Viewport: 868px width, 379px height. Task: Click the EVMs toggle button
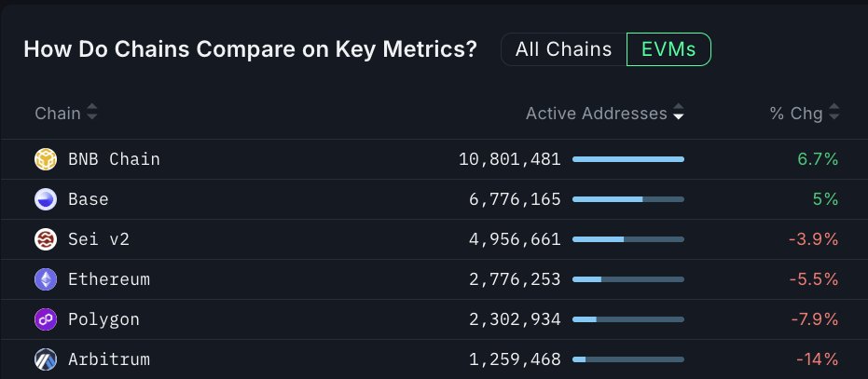coord(668,49)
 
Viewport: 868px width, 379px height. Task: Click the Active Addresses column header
coord(597,114)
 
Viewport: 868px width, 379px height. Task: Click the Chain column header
coord(58,114)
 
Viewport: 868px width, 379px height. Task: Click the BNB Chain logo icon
coord(46,159)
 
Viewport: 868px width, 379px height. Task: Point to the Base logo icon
coord(46,199)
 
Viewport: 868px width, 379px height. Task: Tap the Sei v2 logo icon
coord(46,239)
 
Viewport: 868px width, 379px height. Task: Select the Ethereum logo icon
coord(46,279)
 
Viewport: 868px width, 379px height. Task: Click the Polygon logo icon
coord(46,319)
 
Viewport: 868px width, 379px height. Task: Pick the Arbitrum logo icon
coord(46,359)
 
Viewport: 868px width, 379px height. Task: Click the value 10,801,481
coord(509,159)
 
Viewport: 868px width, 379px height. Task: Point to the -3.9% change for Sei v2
coord(813,239)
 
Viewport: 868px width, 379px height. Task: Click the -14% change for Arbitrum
coord(817,359)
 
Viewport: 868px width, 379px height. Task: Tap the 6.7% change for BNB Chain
coord(818,159)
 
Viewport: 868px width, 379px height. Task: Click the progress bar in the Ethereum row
coord(627,279)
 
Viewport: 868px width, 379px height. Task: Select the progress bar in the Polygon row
coord(627,319)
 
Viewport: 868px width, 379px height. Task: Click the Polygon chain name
coord(103,319)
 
